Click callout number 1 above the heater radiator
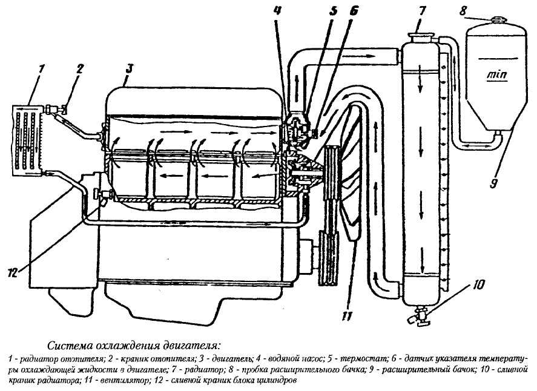tap(41, 70)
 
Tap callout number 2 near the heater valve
tap(79, 70)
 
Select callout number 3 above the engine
tap(128, 68)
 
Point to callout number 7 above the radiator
tap(421, 11)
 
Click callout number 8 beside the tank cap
tap(463, 11)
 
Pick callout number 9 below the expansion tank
tap(493, 183)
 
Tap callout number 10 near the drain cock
tap(478, 284)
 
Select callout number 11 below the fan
tap(346, 317)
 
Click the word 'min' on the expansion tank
tap(497, 74)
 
